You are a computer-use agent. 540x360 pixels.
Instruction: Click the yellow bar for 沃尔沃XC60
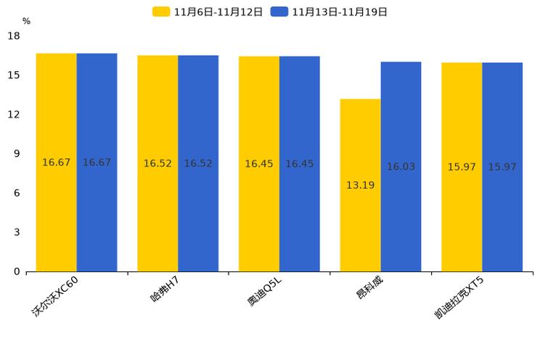click(57, 163)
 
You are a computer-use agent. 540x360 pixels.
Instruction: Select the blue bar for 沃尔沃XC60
click(97, 163)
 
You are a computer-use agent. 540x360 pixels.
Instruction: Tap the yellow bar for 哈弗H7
click(157, 163)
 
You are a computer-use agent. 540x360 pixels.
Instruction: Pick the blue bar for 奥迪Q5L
click(300, 164)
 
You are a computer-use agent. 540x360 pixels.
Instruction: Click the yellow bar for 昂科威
click(361, 185)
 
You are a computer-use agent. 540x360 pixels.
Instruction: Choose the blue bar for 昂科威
click(401, 167)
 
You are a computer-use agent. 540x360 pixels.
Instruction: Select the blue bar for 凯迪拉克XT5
click(502, 167)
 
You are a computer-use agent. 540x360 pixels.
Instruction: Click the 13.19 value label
click(360, 185)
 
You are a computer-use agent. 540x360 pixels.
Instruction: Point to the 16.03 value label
click(401, 167)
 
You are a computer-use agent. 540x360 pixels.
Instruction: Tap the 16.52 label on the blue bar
click(198, 163)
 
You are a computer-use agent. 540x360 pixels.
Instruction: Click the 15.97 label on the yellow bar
click(462, 167)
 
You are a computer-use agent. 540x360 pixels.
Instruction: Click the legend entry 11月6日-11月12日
click(208, 12)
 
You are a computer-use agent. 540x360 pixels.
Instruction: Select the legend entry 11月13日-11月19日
click(329, 12)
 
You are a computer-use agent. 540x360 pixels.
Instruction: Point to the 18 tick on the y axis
click(14, 36)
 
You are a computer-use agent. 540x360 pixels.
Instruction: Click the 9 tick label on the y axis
click(17, 154)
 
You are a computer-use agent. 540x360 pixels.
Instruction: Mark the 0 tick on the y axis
click(17, 271)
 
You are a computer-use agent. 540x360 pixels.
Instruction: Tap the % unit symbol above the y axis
click(27, 21)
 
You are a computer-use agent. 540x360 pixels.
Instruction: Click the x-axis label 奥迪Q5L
click(264, 292)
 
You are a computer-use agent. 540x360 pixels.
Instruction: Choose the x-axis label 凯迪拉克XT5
click(459, 298)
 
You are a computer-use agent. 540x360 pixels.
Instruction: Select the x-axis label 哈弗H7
click(165, 290)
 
